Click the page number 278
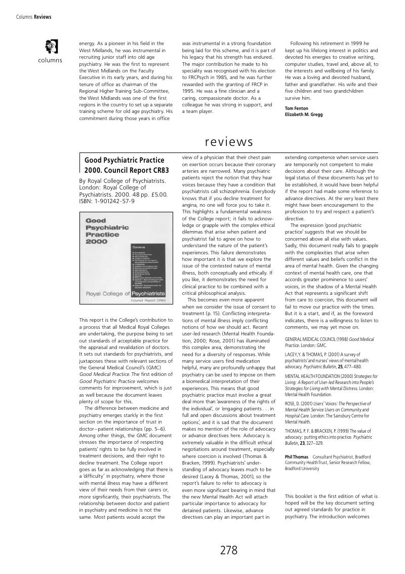coord(229,551)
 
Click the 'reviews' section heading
coord(229,141)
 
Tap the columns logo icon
coord(51,47)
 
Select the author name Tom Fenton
coord(296,108)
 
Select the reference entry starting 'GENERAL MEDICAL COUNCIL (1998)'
coord(329,342)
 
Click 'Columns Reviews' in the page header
coord(34,17)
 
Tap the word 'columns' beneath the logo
coord(50,60)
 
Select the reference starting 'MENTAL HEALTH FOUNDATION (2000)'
coord(331,385)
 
